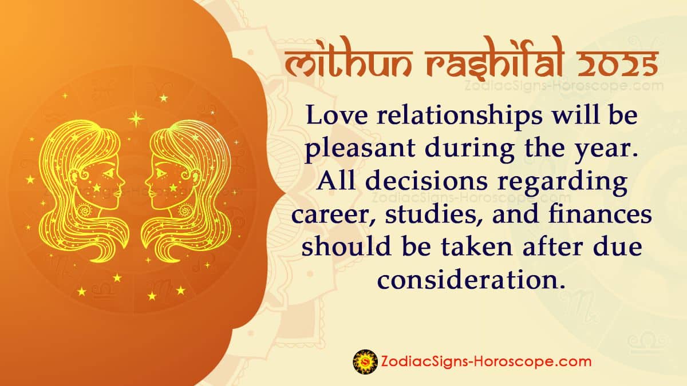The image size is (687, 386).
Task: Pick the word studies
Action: point(421,216)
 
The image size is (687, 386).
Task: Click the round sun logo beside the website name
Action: point(364,361)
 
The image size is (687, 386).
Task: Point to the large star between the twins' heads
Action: point(136,118)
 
